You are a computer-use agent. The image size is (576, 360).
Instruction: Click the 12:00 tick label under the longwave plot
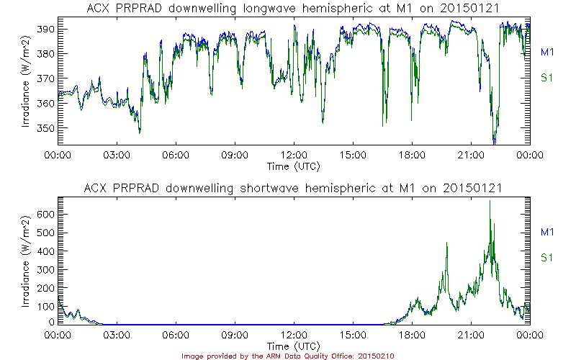294,155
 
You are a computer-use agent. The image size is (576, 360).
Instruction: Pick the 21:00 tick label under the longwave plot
471,155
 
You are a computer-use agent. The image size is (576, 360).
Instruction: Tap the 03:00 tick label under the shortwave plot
117,335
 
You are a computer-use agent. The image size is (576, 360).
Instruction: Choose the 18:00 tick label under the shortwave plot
412,335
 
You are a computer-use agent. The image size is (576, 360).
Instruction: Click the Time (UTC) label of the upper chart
294,166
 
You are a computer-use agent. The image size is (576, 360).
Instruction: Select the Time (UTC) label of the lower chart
294,346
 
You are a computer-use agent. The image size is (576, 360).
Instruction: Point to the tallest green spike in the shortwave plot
490,202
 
